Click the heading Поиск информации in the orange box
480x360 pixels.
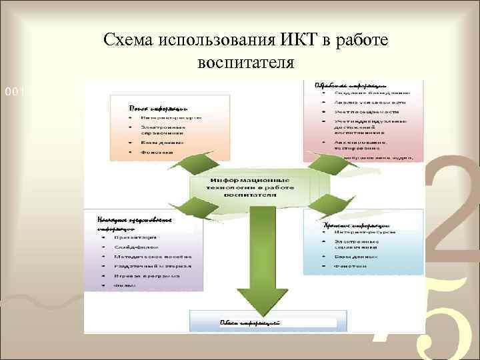click(x=158, y=107)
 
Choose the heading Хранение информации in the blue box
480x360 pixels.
click(x=357, y=226)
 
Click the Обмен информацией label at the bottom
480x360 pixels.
click(x=249, y=323)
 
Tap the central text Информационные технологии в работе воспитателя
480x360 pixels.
click(x=250, y=187)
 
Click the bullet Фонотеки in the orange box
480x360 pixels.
click(x=156, y=152)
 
